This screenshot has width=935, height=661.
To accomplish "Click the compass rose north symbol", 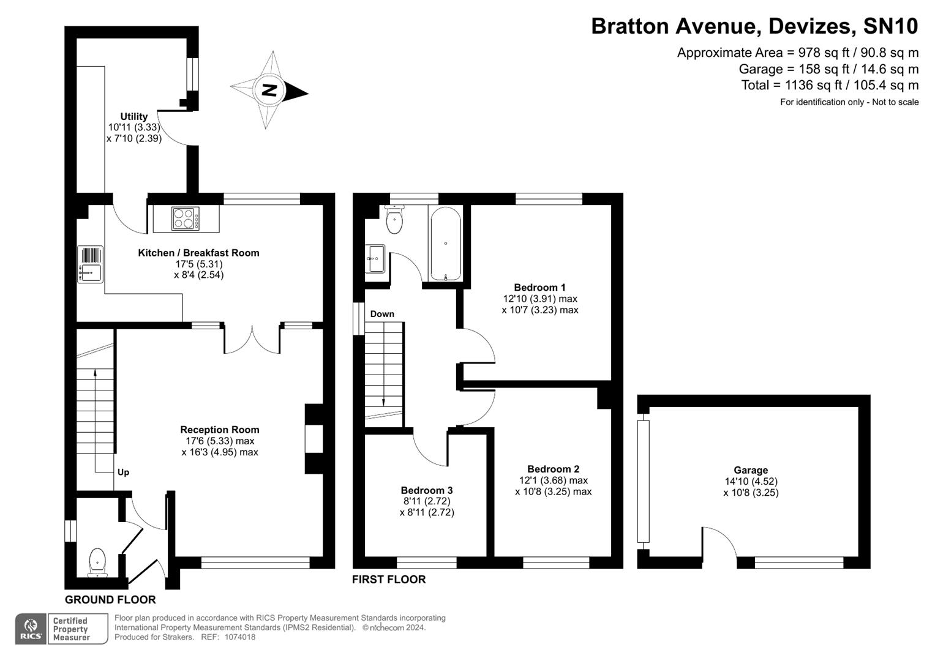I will click(269, 91).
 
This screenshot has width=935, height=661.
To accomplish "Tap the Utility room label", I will click(133, 116).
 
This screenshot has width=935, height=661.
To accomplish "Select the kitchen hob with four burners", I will click(186, 218).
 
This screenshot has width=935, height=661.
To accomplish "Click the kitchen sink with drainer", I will click(90, 264).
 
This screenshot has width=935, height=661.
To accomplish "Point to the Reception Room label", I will click(219, 430).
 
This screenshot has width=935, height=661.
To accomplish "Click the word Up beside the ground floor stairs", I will click(123, 472).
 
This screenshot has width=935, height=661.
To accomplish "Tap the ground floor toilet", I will click(97, 562).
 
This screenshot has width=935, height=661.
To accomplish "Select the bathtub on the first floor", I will click(445, 244).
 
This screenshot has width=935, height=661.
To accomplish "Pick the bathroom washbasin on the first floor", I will click(375, 259).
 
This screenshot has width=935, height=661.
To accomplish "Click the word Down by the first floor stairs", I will click(382, 314).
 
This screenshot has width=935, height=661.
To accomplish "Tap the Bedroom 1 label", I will click(539, 287).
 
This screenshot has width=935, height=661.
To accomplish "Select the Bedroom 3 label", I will click(427, 490).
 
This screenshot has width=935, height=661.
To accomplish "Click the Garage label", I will click(751, 470).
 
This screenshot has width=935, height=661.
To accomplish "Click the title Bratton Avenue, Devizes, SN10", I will click(754, 26).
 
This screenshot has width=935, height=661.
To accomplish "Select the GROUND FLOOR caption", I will click(110, 600).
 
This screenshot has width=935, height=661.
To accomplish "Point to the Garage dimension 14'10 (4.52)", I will click(751, 482).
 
